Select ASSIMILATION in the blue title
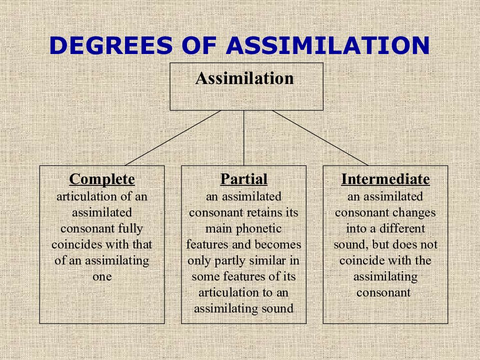click(328, 46)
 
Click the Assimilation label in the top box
click(244, 78)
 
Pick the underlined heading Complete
click(102, 179)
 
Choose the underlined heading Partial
click(243, 179)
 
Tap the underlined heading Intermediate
click(385, 179)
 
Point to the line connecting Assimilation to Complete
click(172, 138)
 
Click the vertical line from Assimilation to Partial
click(244, 138)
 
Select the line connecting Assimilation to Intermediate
click(320, 138)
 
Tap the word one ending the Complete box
click(102, 276)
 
